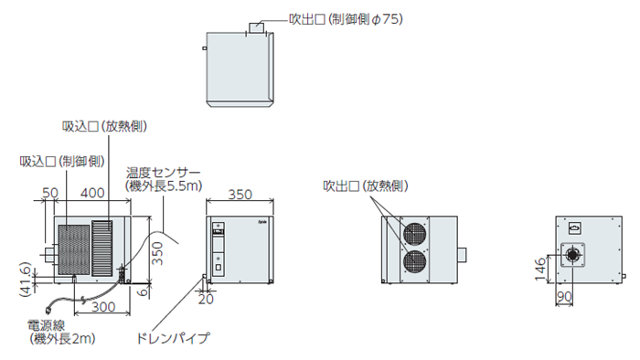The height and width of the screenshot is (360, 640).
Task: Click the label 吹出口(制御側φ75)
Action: point(346,19)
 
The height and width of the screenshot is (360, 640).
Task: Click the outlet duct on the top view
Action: point(257,27)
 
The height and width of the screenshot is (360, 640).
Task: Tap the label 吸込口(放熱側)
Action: point(104,126)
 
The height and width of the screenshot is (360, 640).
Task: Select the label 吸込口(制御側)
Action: point(62,162)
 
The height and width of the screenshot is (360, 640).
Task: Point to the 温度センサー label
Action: point(164,173)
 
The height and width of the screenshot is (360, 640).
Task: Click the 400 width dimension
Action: point(92,193)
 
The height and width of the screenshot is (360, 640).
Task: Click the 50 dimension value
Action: point(50,193)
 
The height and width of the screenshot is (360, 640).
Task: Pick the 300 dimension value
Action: point(103,307)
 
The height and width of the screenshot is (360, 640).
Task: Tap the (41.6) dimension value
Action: point(26,280)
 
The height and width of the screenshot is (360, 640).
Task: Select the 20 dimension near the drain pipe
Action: point(206,300)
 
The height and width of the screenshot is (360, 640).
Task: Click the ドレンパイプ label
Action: point(173,338)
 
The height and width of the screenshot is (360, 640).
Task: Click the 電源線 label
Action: point(46,325)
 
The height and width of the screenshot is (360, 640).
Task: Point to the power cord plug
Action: point(49,310)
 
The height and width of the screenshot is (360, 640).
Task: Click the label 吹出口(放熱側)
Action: point(366,185)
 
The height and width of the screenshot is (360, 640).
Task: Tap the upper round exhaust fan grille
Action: point(415,235)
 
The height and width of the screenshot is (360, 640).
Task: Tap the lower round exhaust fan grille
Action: point(415,261)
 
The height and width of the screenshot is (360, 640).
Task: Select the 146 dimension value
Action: point(539,269)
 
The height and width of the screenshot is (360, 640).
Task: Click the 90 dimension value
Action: point(564,296)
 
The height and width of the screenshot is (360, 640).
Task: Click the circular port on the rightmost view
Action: point(572,255)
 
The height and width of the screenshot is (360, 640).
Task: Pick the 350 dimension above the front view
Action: point(240,195)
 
